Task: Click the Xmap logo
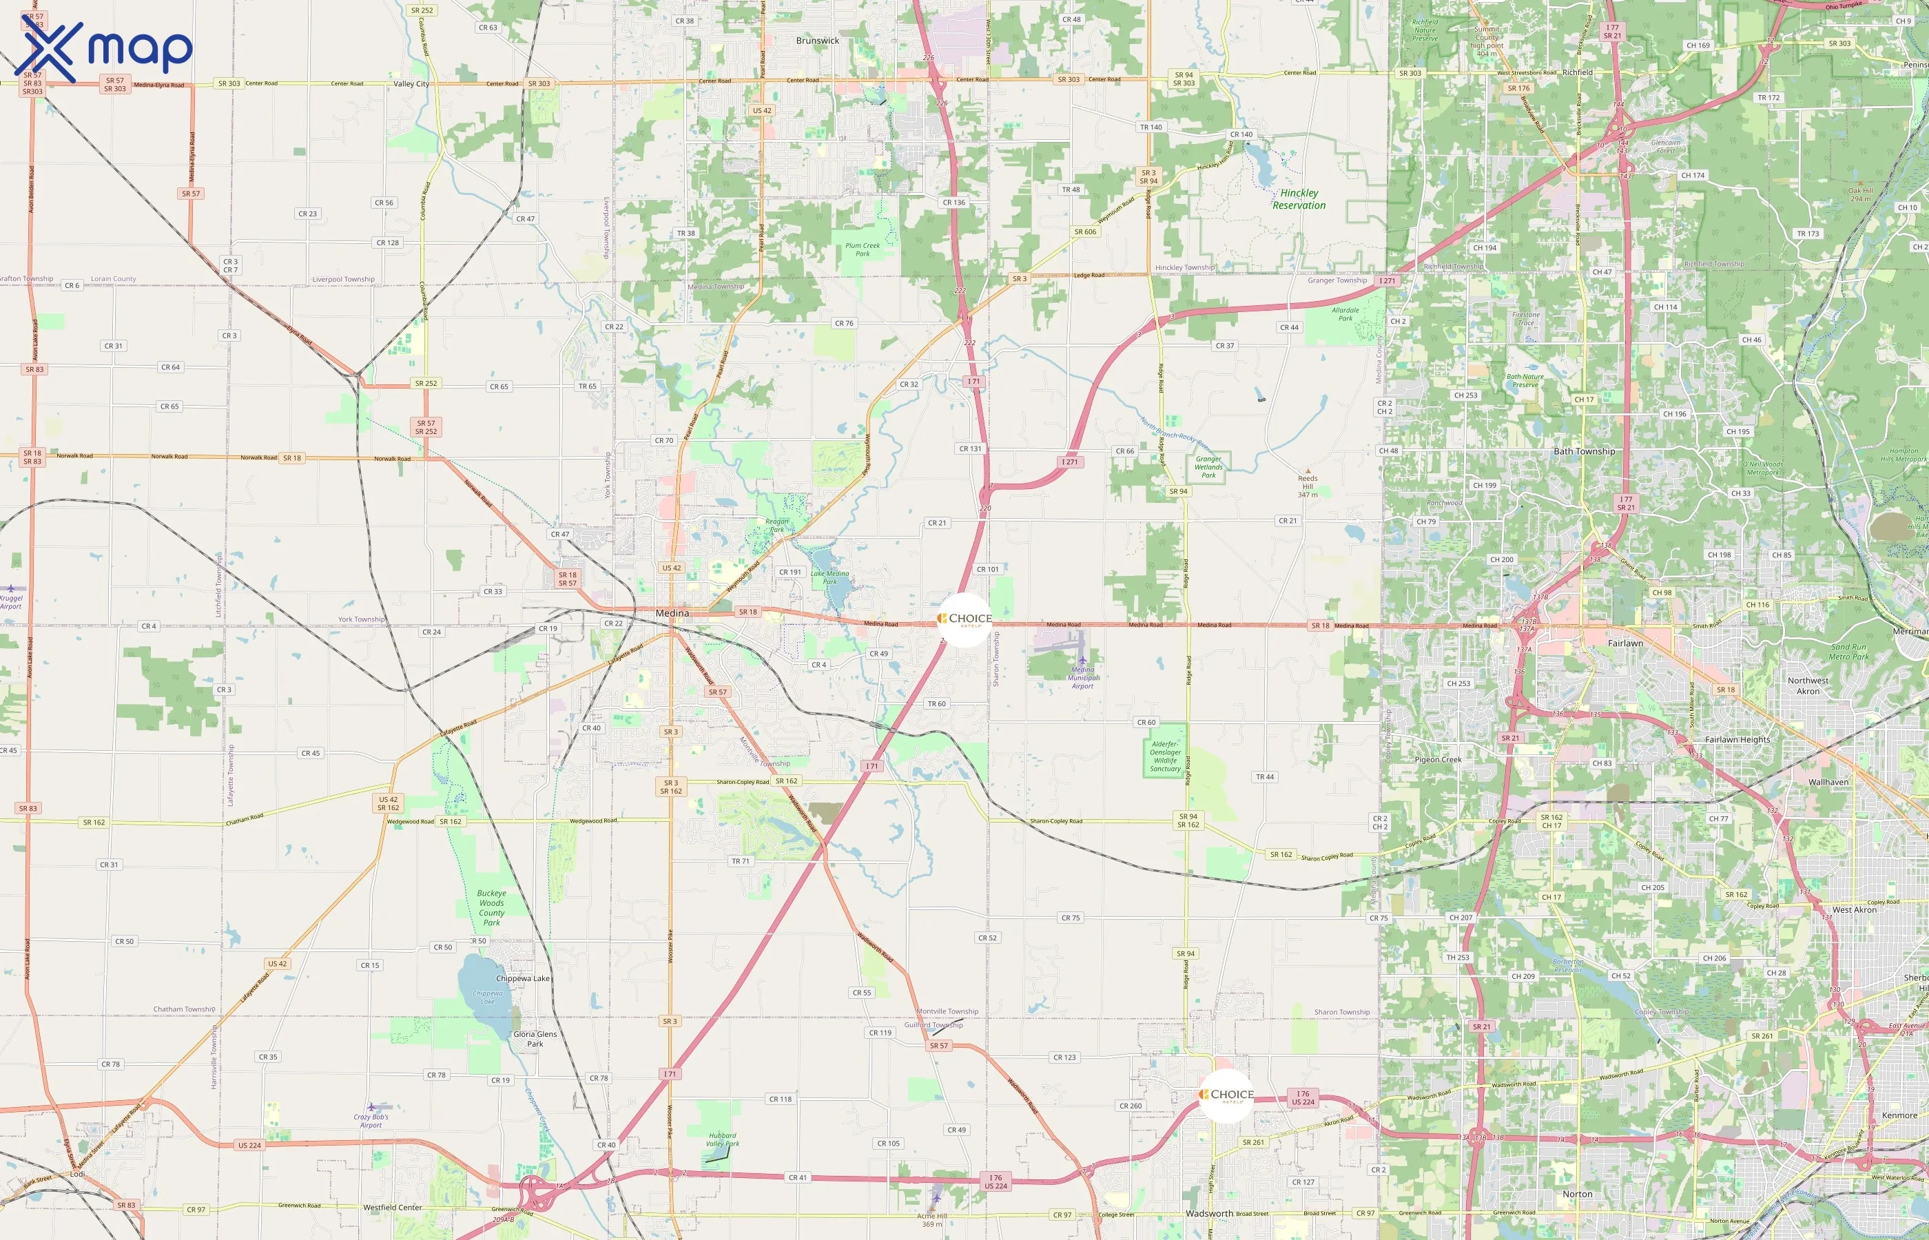[103, 50]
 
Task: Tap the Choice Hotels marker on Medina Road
[965, 619]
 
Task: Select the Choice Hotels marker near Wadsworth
[1226, 1095]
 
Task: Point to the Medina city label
[672, 614]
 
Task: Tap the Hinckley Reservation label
[1299, 199]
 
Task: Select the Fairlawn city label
[1624, 643]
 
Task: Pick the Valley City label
[411, 84]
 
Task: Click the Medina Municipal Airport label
[1082, 677]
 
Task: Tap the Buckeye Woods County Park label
[491, 907]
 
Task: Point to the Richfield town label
[1577, 72]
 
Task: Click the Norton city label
[1577, 1194]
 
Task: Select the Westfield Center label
[392, 1208]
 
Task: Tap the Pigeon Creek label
[1438, 759]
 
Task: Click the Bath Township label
[1584, 452]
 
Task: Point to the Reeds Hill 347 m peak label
[1308, 486]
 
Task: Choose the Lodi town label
[77, 1174]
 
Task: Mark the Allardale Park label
[1345, 314]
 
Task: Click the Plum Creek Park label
[863, 249]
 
